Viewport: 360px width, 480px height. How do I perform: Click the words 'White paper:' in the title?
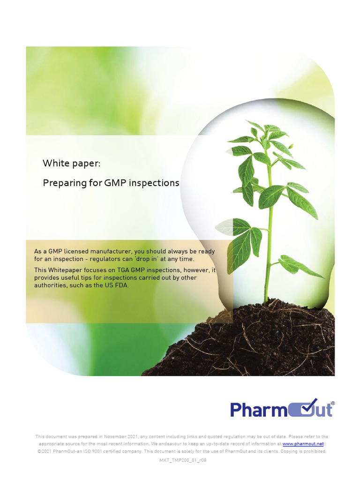click(71, 163)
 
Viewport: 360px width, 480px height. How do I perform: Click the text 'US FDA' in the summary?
click(117, 285)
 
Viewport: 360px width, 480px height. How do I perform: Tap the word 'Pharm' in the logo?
click(257, 410)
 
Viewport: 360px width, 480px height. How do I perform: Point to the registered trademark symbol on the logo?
click(333, 403)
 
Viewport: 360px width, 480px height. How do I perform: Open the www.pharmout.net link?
click(303, 443)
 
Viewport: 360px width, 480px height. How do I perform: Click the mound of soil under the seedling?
click(262, 342)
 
